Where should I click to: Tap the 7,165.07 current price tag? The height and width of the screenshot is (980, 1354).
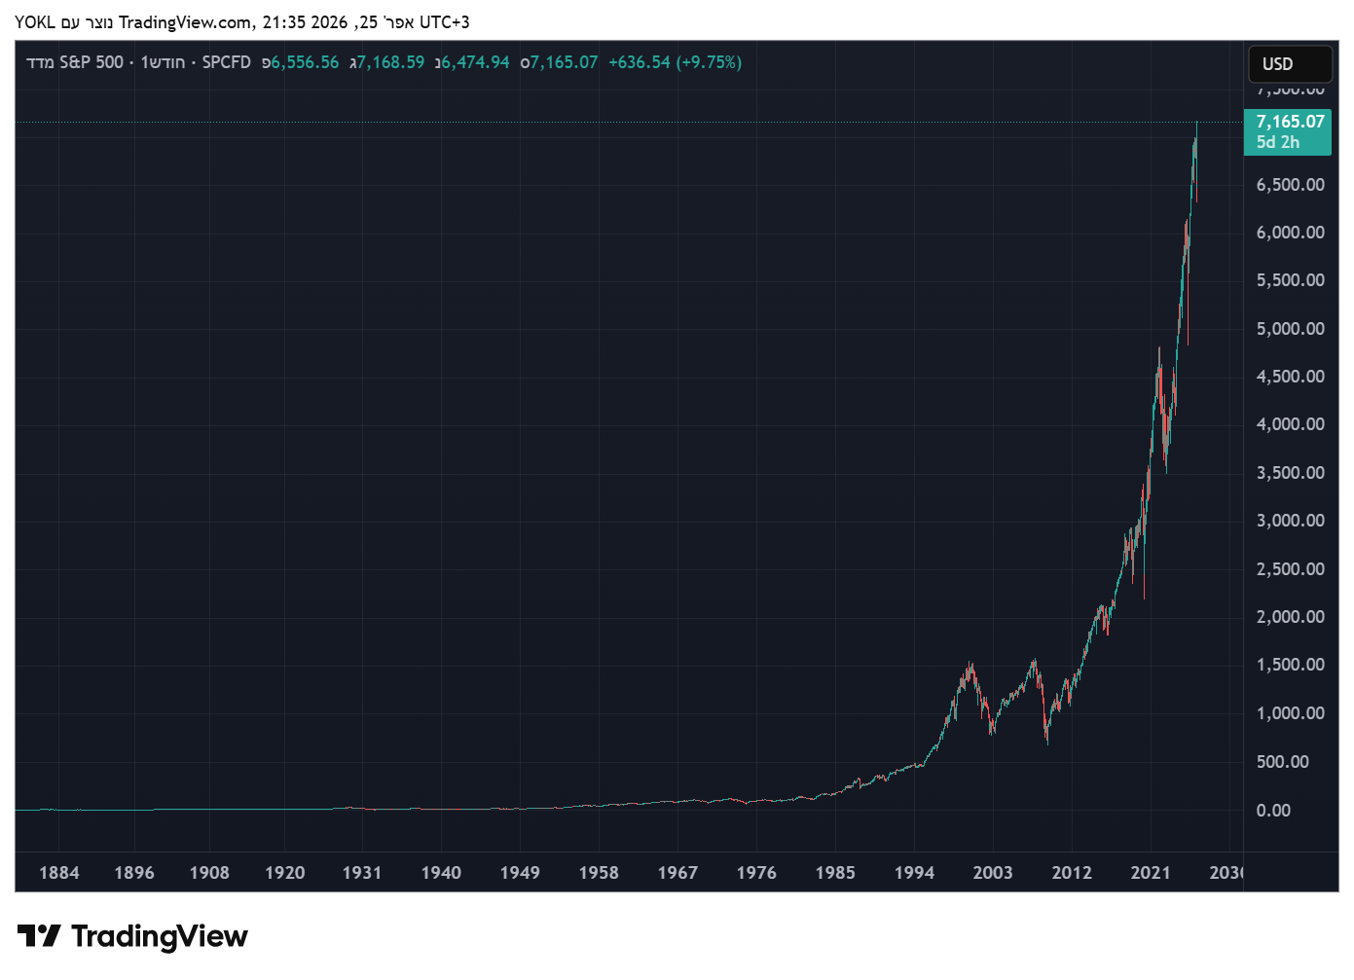(x=1290, y=122)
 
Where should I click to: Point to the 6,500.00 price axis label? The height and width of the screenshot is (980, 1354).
(x=1290, y=185)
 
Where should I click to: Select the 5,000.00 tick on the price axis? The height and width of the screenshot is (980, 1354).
(x=1290, y=329)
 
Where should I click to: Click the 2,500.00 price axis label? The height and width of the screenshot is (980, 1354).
(x=1290, y=569)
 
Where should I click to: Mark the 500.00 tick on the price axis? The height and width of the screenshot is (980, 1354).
(x=1282, y=762)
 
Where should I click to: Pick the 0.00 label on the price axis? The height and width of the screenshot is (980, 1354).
(x=1273, y=811)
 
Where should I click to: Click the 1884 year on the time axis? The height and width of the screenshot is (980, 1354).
(x=58, y=873)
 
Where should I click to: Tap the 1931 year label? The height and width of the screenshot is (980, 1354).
(x=361, y=873)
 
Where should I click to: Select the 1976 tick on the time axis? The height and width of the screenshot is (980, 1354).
(x=756, y=873)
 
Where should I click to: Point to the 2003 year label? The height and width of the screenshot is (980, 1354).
(x=993, y=873)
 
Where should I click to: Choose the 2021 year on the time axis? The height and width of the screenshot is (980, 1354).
(x=1151, y=873)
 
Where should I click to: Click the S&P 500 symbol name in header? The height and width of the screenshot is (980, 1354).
(x=91, y=62)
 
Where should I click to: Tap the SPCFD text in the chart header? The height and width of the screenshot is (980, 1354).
(x=226, y=62)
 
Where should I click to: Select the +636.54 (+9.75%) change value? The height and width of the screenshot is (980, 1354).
(x=675, y=62)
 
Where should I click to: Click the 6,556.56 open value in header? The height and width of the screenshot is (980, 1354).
(x=305, y=62)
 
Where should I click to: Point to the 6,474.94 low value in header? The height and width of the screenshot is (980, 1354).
(x=475, y=62)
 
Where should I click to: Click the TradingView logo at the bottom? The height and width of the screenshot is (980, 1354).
(x=132, y=936)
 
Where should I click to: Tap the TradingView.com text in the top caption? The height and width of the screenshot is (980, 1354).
(x=185, y=22)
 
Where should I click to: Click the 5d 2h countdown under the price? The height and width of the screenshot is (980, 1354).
(x=1277, y=142)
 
